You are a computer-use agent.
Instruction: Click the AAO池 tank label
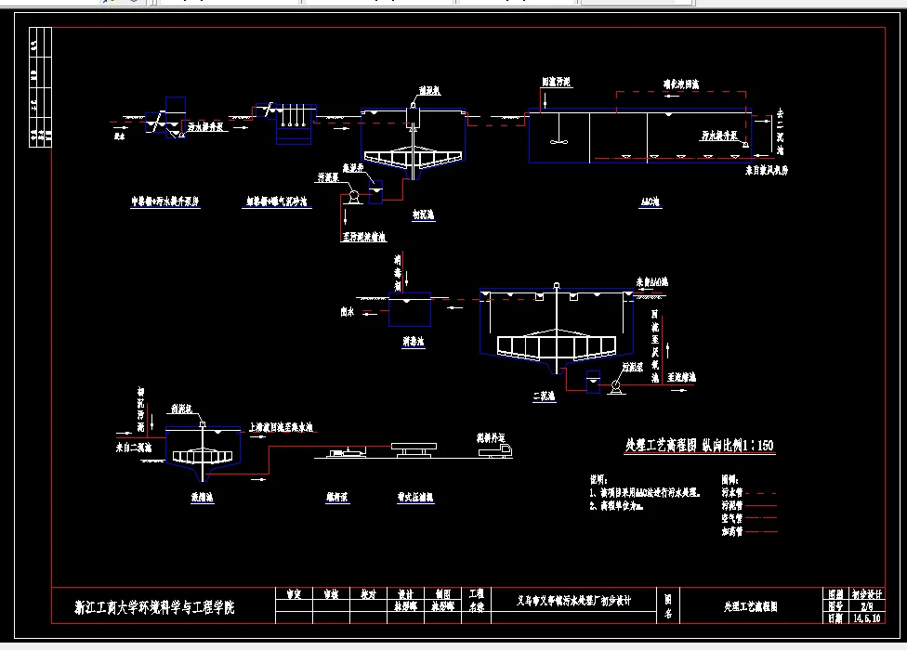(x=651, y=201)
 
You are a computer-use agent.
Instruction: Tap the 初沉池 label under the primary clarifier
(x=424, y=212)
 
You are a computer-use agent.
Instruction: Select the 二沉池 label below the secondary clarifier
(x=544, y=396)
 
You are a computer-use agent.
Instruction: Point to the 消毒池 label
(x=414, y=342)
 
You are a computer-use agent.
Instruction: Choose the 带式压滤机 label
(x=410, y=498)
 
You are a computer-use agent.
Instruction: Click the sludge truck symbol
(x=492, y=451)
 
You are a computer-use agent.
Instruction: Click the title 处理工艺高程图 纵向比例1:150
(x=699, y=446)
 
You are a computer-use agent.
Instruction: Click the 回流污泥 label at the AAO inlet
(x=557, y=82)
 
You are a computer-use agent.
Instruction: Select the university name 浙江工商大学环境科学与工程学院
(x=155, y=608)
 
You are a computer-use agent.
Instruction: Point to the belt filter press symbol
(x=413, y=448)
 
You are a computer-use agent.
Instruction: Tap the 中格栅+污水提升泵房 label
(x=172, y=201)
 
